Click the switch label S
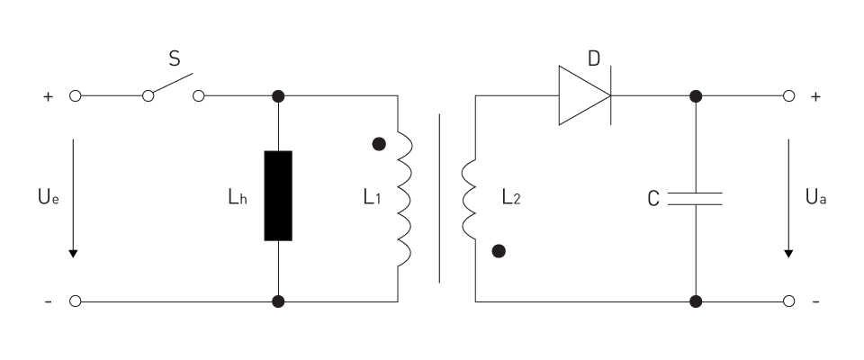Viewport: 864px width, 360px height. point(174,58)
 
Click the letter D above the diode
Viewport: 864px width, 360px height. point(593,58)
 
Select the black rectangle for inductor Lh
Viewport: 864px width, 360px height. point(278,195)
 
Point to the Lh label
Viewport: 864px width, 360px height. point(238,197)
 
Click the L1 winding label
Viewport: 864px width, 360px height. point(372,197)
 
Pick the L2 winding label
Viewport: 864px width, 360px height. point(511,197)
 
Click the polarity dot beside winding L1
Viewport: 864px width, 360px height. point(379,144)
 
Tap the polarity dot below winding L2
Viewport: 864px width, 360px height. point(499,251)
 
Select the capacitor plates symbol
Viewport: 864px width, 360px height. point(696,199)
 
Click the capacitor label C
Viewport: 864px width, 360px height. point(653,199)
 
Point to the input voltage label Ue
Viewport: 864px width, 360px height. point(48,196)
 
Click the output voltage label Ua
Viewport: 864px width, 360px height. point(816,196)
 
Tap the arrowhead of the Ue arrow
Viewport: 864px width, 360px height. point(73,254)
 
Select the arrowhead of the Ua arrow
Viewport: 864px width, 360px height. point(788,254)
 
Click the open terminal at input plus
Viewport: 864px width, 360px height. point(76,96)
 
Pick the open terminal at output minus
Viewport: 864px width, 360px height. point(789,301)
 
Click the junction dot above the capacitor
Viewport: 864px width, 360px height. point(696,96)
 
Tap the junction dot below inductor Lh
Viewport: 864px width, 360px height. point(278,301)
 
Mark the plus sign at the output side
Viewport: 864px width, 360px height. point(815,96)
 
